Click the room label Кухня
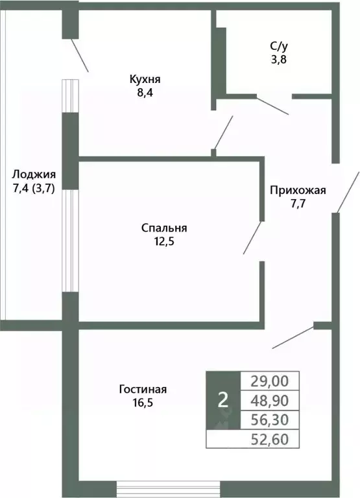point(144,79)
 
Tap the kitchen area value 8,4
point(144,93)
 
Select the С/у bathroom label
point(278,46)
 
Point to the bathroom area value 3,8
point(278,59)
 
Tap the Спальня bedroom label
point(164,228)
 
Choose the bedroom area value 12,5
point(164,242)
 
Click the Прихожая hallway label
point(298,191)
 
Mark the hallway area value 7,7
point(298,204)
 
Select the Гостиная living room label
point(143,389)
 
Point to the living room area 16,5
point(143,403)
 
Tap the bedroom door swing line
point(252,238)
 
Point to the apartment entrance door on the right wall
point(347,192)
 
